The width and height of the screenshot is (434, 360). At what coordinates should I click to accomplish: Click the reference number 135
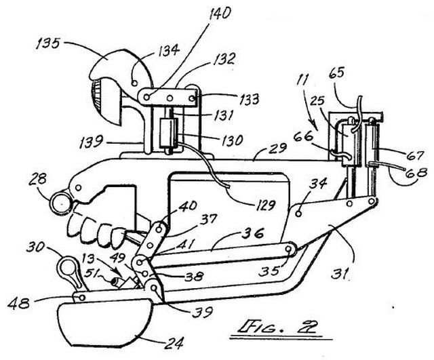pos(47,43)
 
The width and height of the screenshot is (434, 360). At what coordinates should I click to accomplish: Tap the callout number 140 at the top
pos(220,14)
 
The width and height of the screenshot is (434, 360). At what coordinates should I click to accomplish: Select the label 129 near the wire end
pos(265,205)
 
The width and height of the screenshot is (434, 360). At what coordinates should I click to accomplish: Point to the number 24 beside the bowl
pos(174,344)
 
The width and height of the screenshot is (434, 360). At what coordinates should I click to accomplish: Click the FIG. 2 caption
pos(277,327)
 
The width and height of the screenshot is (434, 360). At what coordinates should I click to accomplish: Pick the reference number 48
pos(18,304)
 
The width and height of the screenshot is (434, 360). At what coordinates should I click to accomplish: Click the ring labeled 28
pos(61,203)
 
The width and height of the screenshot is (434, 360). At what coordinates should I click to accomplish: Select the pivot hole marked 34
pos(298,214)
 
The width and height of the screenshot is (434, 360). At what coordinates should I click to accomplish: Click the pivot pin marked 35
pos(289,249)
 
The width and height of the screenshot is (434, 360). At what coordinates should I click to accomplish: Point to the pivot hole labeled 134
pos(135,83)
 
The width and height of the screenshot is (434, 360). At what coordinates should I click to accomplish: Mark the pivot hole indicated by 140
pos(147,97)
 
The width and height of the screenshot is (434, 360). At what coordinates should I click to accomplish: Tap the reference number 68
pos(416,174)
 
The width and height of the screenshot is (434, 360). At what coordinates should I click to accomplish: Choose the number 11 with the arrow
pos(302,80)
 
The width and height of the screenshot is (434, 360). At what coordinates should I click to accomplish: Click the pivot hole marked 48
pos(82,297)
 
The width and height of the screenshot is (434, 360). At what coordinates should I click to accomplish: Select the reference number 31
pos(339,274)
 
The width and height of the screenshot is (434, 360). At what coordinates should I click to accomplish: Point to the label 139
pos(91,142)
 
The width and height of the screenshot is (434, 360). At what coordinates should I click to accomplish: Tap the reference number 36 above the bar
pos(252,234)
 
